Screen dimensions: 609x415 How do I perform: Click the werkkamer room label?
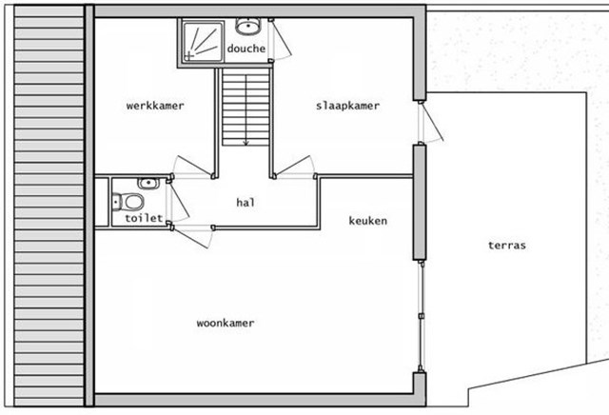pos(155,106)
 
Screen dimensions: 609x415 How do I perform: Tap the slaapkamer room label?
pos(347,106)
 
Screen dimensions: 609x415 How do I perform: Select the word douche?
pos(246,49)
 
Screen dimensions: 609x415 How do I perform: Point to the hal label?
pos(246,202)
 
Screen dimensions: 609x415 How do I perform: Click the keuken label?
pos(368,221)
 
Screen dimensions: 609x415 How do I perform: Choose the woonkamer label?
pos(226,323)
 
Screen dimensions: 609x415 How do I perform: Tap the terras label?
pos(507,246)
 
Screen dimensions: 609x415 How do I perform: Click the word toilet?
pos(144,218)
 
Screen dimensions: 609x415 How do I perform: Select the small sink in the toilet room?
pos(148,183)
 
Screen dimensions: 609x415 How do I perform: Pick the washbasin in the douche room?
pos(247,26)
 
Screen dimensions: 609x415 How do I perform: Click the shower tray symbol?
pos(203,42)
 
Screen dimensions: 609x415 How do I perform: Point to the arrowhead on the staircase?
pos(246,144)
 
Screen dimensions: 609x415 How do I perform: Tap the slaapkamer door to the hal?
pos(294,167)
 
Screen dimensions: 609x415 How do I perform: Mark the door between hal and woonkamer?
pos(192,236)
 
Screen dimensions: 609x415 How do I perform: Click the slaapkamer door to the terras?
pos(431,122)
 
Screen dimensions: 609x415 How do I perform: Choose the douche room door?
pos(281,39)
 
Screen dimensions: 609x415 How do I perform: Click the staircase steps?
pos(246,108)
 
